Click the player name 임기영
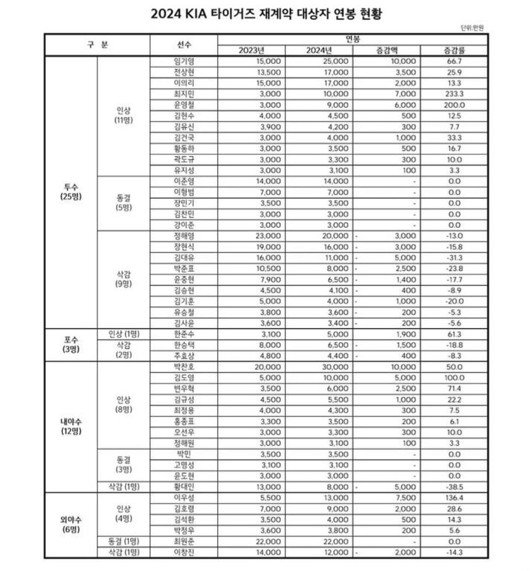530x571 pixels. coord(184,61)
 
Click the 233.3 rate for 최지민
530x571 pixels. coord(454,94)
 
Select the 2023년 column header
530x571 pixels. coord(251,50)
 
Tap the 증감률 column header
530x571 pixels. coord(454,50)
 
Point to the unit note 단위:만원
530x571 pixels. coord(472,28)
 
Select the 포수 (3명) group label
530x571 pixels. coord(71,345)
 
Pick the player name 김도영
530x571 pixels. coord(184,378)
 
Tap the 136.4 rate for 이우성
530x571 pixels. coord(454,498)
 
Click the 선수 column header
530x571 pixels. coord(184,45)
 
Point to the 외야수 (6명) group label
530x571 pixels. coord(71,525)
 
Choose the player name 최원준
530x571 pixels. coord(184,542)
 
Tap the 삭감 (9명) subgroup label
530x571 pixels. coord(124,279)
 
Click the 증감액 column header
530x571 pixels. coord(387,50)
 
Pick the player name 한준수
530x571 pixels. coord(184,334)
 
